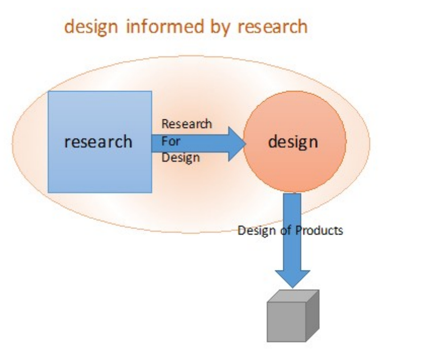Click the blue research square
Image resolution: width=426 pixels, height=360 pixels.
tap(100, 167)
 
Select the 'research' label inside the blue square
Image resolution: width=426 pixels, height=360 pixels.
tap(98, 142)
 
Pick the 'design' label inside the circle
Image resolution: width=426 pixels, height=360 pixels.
tap(293, 142)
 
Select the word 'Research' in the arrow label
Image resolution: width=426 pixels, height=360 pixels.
tap(186, 124)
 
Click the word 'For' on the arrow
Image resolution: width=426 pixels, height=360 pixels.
tap(171, 141)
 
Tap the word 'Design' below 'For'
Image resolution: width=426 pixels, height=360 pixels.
tap(180, 157)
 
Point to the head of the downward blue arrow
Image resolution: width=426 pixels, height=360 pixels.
tap(292, 278)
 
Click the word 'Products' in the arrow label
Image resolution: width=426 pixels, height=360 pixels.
tap(319, 231)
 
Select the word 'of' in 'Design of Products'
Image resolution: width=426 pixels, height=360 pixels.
tap(281, 231)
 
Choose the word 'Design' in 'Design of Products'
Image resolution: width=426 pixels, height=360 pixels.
tap(256, 231)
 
